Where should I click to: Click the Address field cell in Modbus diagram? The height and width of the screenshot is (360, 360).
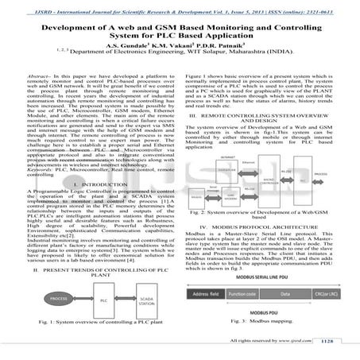pos(204,293)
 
